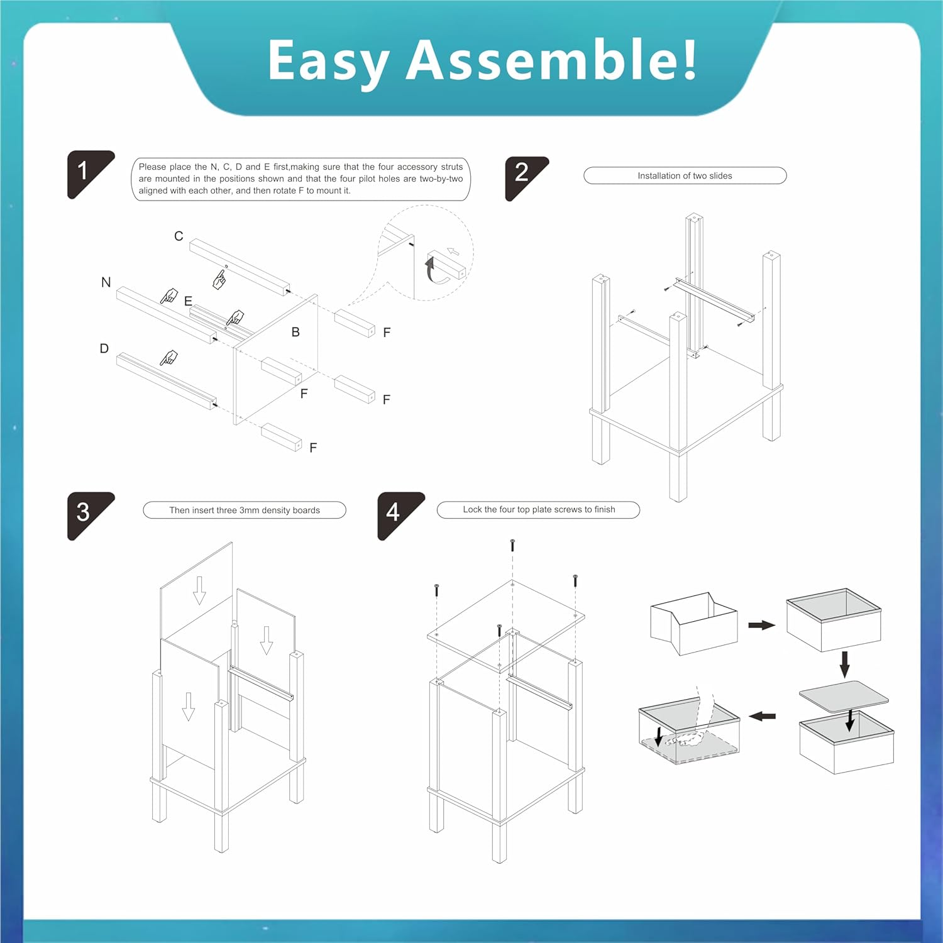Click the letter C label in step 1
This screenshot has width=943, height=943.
179,236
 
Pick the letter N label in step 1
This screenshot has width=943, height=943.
106,282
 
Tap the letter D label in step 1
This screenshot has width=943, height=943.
104,348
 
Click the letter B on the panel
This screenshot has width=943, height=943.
295,332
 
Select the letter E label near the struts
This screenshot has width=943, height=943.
188,301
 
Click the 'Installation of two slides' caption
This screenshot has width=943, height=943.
685,176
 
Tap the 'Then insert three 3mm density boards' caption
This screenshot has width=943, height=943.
245,510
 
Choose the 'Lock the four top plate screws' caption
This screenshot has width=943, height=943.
539,509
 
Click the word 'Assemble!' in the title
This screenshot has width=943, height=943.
552,60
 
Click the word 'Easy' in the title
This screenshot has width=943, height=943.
328,63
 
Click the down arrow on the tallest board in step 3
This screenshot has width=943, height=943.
199,590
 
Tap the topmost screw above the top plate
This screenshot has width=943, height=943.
512,544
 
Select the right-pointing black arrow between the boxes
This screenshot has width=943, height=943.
762,625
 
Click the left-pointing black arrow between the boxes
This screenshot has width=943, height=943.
763,716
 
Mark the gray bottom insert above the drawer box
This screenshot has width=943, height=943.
844,697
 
